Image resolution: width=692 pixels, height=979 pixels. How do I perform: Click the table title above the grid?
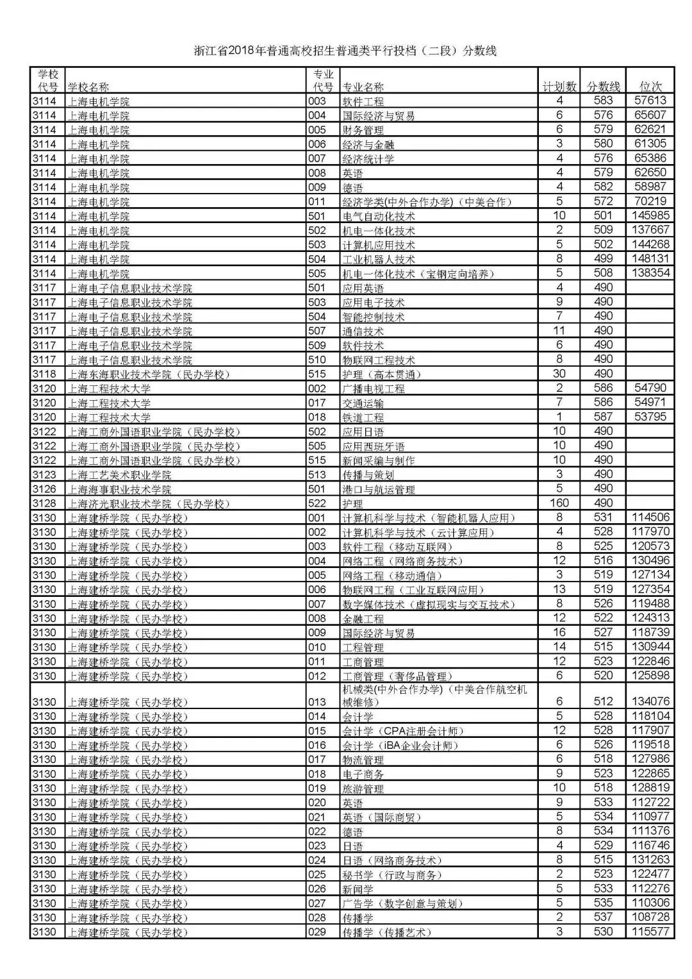coord(345,51)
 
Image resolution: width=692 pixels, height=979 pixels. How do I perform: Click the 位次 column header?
coord(650,87)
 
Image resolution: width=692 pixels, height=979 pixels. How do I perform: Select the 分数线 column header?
coord(604,87)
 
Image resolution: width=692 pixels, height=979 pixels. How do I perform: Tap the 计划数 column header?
coord(559,87)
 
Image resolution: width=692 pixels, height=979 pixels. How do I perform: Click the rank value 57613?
coord(650,101)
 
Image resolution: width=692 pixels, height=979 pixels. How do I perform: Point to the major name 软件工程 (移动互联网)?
coord(398,547)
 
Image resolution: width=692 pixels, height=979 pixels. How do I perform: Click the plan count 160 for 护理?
coord(559,503)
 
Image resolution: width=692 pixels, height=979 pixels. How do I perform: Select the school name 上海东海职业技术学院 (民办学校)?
coord(149,374)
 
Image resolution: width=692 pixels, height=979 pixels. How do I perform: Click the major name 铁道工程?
coord(363,417)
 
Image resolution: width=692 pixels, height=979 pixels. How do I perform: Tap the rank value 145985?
coord(650,215)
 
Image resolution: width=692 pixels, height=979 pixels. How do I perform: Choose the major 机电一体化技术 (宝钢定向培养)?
coord(418,274)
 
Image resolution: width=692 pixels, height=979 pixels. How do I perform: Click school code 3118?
coord(44,374)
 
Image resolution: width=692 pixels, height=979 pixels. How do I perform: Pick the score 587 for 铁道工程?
coord(604,417)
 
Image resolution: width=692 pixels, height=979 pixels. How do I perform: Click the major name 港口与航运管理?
coord(379,489)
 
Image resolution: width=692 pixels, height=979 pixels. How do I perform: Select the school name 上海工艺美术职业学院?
coord(120,475)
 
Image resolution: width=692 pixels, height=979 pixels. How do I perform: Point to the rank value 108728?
coord(650,917)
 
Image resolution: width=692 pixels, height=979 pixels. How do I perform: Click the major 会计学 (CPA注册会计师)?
coord(403,731)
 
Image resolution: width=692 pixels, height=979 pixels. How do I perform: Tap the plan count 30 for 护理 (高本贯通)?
coord(559,374)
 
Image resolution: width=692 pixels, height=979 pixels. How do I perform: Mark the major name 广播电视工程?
coord(374,389)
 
